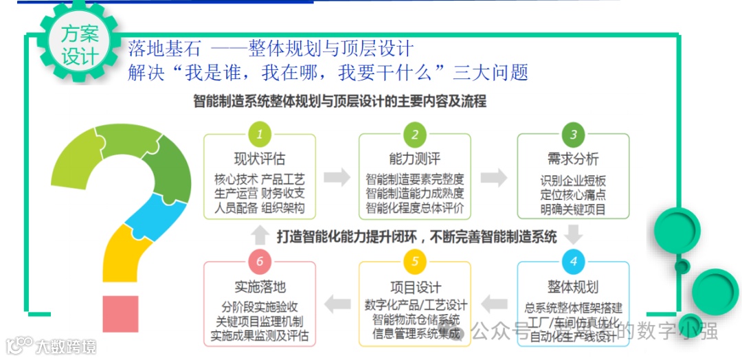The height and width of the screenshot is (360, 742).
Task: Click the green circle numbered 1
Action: tap(259, 133)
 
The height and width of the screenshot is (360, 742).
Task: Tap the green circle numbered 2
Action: tap(415, 133)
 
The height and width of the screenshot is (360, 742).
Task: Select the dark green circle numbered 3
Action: tap(573, 133)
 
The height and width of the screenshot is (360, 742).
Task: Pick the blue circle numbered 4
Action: tap(573, 262)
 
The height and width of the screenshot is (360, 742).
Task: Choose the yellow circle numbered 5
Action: tap(415, 262)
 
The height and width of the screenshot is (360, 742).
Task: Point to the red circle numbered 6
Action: tap(259, 262)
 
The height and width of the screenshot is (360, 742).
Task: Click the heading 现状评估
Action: tap(259, 159)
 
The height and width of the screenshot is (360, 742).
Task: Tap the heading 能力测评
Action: tap(415, 159)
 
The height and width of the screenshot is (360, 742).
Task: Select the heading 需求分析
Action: tap(573, 159)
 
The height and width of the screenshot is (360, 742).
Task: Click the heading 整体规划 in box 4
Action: tap(573, 286)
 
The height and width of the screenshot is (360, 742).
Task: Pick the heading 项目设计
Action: tap(415, 286)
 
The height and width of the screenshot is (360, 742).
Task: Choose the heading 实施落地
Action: tap(259, 286)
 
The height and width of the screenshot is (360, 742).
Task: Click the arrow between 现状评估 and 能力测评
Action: tap(337, 177)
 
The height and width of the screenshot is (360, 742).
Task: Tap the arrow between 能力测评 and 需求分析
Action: tap(493, 177)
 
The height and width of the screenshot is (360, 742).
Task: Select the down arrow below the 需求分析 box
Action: tap(573, 236)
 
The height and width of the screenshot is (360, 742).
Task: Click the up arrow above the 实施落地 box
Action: tap(259, 236)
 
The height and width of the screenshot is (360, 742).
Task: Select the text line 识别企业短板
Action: tap(573, 181)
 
